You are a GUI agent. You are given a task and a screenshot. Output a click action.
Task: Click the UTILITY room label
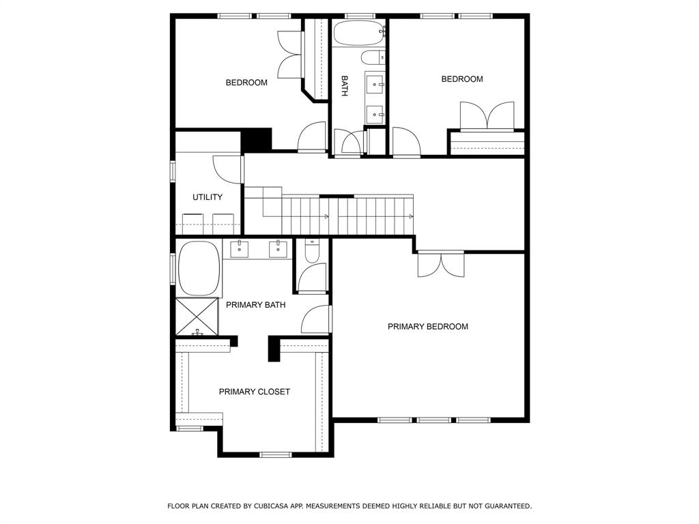208,197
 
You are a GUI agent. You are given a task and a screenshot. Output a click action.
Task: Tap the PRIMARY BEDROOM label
428,327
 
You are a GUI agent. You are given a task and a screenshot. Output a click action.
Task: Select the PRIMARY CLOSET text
255,392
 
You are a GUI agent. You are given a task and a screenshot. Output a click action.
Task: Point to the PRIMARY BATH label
255,305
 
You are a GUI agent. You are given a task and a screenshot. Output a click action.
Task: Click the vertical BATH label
345,86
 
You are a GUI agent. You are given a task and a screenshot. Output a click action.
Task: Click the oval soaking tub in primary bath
199,269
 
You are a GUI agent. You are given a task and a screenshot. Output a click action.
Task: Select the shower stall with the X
197,317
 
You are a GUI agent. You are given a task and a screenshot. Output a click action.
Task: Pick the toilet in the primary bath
311,251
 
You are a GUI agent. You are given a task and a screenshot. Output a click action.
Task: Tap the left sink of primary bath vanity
240,248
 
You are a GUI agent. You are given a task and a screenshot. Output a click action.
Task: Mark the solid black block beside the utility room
257,139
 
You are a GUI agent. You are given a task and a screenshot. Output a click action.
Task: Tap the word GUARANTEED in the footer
508,506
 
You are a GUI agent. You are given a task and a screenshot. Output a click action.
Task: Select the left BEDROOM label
246,83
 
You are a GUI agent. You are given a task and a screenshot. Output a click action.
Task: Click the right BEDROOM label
462,79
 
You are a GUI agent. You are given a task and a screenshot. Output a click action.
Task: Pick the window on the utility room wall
173,171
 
